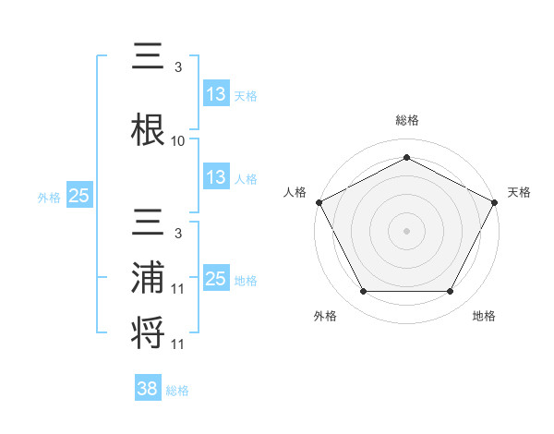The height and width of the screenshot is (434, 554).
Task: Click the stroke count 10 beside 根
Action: point(178,141)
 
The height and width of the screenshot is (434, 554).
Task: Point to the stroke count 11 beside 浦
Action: point(178,289)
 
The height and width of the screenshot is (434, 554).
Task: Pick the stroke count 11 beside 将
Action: point(178,344)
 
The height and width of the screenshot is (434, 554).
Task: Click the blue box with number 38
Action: point(148,390)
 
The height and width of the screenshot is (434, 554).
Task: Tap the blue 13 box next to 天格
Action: point(216,94)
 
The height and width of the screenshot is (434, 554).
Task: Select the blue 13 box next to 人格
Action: point(216,178)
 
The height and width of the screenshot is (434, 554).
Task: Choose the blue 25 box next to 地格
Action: point(216,280)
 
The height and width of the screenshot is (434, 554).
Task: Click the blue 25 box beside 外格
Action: point(78,196)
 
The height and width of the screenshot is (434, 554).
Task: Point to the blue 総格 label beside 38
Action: point(178,391)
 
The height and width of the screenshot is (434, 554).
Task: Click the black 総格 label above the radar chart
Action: point(406,120)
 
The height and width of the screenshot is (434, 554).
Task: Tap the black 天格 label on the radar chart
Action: point(519,192)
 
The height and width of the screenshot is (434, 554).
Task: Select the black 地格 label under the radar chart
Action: point(484,316)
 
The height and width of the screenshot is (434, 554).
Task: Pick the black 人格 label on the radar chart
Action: point(295,192)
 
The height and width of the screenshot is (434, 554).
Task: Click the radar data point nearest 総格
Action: point(406,157)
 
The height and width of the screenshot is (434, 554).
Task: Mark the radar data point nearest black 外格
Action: point(363,292)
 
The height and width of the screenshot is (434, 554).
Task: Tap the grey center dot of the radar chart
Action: point(406,230)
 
